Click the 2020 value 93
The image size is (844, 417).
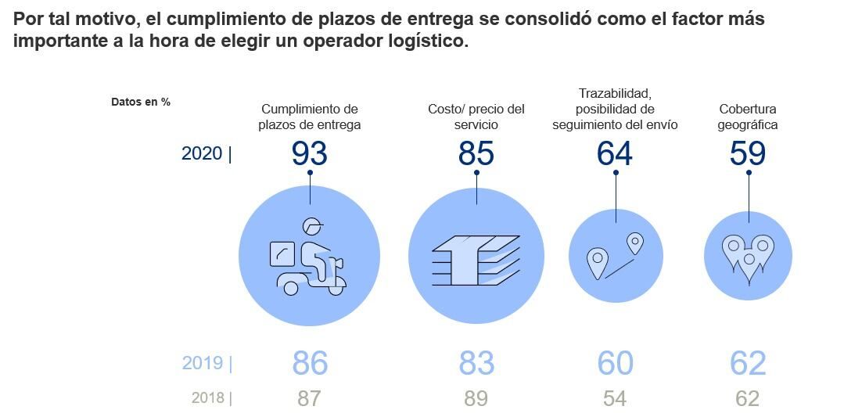point(309,153)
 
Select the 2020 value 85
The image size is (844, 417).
point(476,153)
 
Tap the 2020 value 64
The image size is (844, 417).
point(614,153)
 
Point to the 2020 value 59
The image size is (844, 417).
point(747,153)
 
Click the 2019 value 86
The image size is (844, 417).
point(310,364)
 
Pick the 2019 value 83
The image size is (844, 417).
point(476,364)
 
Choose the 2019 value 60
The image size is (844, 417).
point(615,364)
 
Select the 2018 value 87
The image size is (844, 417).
point(309,398)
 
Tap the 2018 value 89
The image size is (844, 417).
point(476,398)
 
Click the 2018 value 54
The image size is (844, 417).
point(615,398)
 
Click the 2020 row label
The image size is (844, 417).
point(203,153)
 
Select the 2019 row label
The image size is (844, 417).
point(203,364)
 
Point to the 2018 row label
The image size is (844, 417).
point(208,398)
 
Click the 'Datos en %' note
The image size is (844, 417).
point(141,102)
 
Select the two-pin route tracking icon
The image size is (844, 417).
point(615,256)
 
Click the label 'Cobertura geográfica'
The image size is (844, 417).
point(749,117)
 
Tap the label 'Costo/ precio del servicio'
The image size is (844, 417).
point(476,117)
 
